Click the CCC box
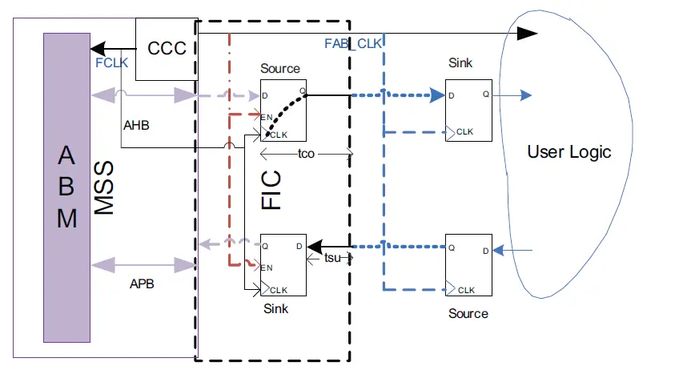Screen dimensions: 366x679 pos(167,49)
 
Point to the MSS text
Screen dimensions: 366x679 pos(105,187)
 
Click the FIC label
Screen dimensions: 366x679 pos(272,189)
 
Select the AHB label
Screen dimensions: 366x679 pos(136,126)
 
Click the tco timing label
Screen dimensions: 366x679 pos(306,154)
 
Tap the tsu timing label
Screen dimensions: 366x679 pos(333,258)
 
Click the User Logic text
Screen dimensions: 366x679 pos(569,152)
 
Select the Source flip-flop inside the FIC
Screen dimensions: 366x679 pos(283,110)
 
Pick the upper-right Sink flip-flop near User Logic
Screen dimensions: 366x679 pos(468,111)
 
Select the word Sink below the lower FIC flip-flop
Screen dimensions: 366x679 pos(275,308)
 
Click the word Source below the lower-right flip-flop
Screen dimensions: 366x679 pos(468,313)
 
